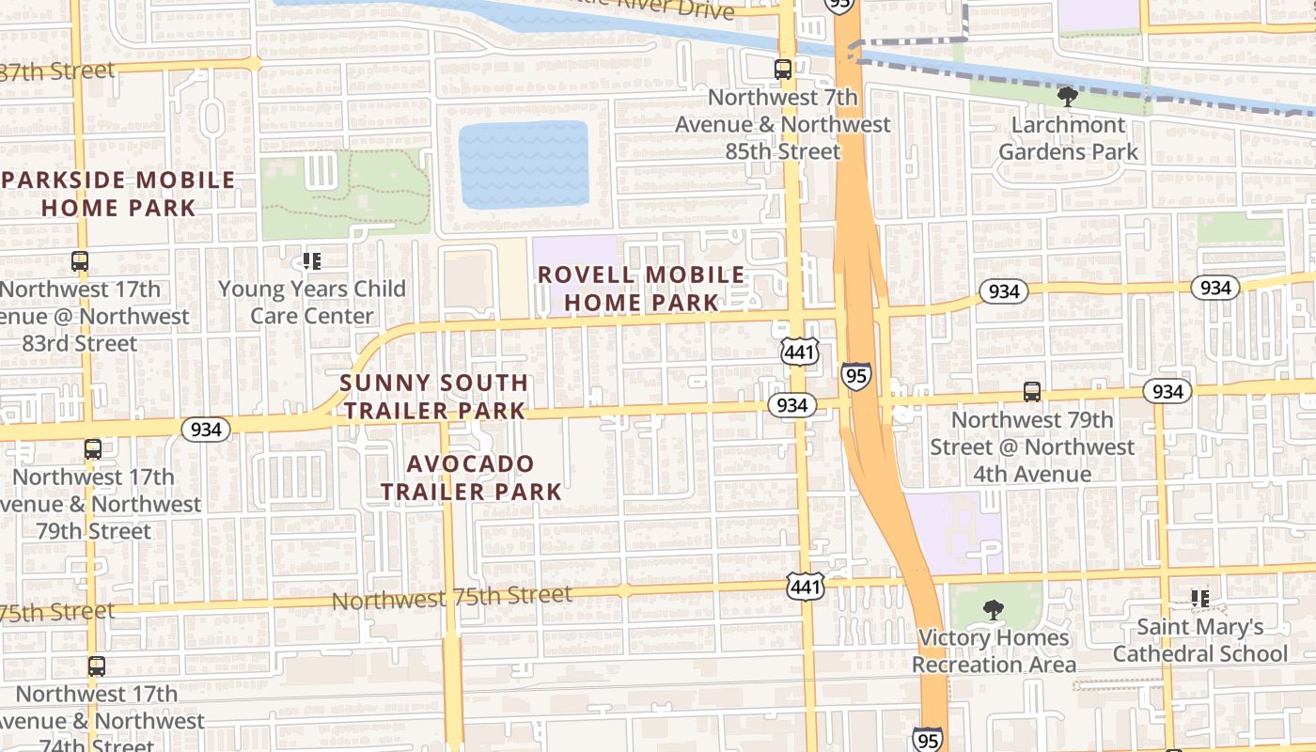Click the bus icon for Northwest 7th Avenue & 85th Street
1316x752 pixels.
(x=782, y=69)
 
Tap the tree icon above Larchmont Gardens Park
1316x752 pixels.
(x=1067, y=96)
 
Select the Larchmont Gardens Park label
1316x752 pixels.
(x=1068, y=138)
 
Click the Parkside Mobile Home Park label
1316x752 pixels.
(x=118, y=194)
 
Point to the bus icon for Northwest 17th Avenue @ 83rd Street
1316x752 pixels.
(x=80, y=261)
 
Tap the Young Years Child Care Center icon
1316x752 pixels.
(x=312, y=260)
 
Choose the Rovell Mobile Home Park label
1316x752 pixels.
(x=641, y=289)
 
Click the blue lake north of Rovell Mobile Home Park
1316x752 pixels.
(x=524, y=164)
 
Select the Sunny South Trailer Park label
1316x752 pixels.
(x=433, y=397)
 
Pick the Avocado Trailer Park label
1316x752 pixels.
(x=471, y=478)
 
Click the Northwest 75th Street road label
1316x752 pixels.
(x=451, y=597)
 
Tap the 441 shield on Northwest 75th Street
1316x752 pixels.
(x=807, y=587)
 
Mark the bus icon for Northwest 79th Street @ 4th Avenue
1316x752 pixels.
(x=1032, y=392)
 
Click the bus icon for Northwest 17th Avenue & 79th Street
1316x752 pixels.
(x=92, y=449)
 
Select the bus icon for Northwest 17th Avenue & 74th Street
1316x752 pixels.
(x=96, y=666)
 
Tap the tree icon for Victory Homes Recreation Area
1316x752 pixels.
(x=993, y=610)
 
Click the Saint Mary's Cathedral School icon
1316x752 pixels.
(x=1199, y=599)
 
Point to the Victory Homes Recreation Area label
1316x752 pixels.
(x=994, y=651)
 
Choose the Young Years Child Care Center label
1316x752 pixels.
(x=312, y=302)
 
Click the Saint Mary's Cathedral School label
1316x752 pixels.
(x=1200, y=640)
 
